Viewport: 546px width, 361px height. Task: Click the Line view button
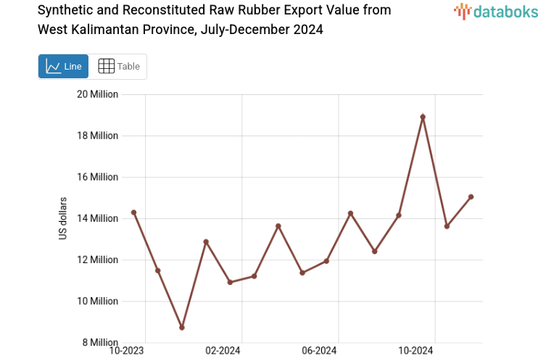[x=63, y=66]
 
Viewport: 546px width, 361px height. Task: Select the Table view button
[x=118, y=66]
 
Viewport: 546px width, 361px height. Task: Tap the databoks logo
[x=496, y=10]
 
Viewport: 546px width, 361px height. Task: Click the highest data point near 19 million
[x=423, y=117]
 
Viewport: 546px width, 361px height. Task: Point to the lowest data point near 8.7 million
[x=182, y=328]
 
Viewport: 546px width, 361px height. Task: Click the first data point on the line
[x=133, y=212]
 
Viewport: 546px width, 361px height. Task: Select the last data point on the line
[x=471, y=196]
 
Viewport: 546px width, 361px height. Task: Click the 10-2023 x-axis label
[x=126, y=352]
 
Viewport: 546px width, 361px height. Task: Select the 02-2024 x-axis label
[x=223, y=352]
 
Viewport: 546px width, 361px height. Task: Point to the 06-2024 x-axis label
[x=319, y=352]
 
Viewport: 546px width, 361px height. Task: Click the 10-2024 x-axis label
[x=416, y=352]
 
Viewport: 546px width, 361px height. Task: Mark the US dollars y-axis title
[x=63, y=218]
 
